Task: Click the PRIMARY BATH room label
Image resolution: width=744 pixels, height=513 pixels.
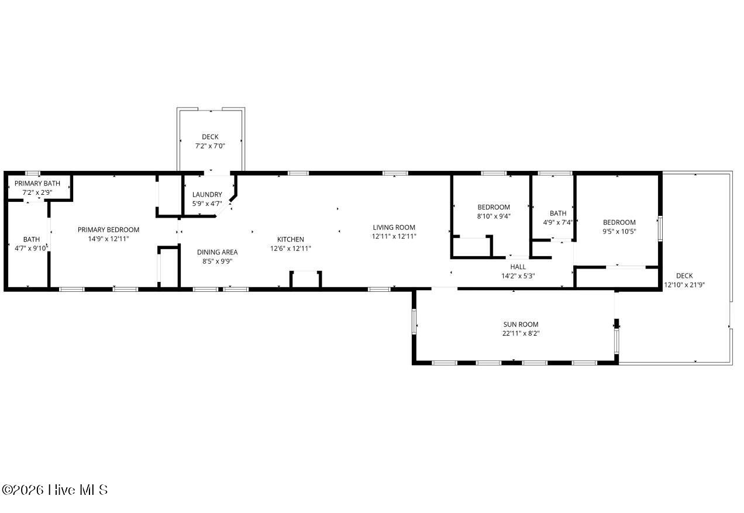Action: (37, 183)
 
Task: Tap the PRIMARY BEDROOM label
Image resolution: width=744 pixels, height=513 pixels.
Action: (108, 230)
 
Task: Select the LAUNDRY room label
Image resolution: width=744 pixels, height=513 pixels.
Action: (207, 195)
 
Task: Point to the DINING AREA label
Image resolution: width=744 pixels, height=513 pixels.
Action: (217, 252)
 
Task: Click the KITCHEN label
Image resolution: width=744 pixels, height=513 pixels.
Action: (291, 239)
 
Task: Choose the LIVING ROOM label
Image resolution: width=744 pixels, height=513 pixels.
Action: (394, 228)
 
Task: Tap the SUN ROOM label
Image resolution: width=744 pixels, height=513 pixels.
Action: (521, 324)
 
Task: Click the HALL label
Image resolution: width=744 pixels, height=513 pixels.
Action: (518, 267)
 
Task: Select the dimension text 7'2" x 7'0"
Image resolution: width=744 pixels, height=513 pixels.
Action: (210, 146)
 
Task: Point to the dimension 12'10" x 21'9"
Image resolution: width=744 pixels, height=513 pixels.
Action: (684, 285)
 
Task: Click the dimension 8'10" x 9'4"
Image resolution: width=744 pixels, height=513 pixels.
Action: (494, 216)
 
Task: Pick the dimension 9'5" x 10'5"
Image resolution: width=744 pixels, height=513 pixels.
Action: (619, 231)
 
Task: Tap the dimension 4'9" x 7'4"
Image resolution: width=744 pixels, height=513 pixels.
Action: (558, 222)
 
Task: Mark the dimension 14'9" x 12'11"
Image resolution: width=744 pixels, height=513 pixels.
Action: (108, 239)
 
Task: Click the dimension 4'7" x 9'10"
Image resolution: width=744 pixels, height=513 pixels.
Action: (32, 248)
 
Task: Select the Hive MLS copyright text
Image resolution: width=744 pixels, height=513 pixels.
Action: (54, 490)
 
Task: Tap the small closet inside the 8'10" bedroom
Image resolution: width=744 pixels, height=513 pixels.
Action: (471, 247)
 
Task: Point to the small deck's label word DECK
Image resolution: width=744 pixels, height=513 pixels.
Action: (210, 137)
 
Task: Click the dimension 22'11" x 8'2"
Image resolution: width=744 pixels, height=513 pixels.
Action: (521, 333)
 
